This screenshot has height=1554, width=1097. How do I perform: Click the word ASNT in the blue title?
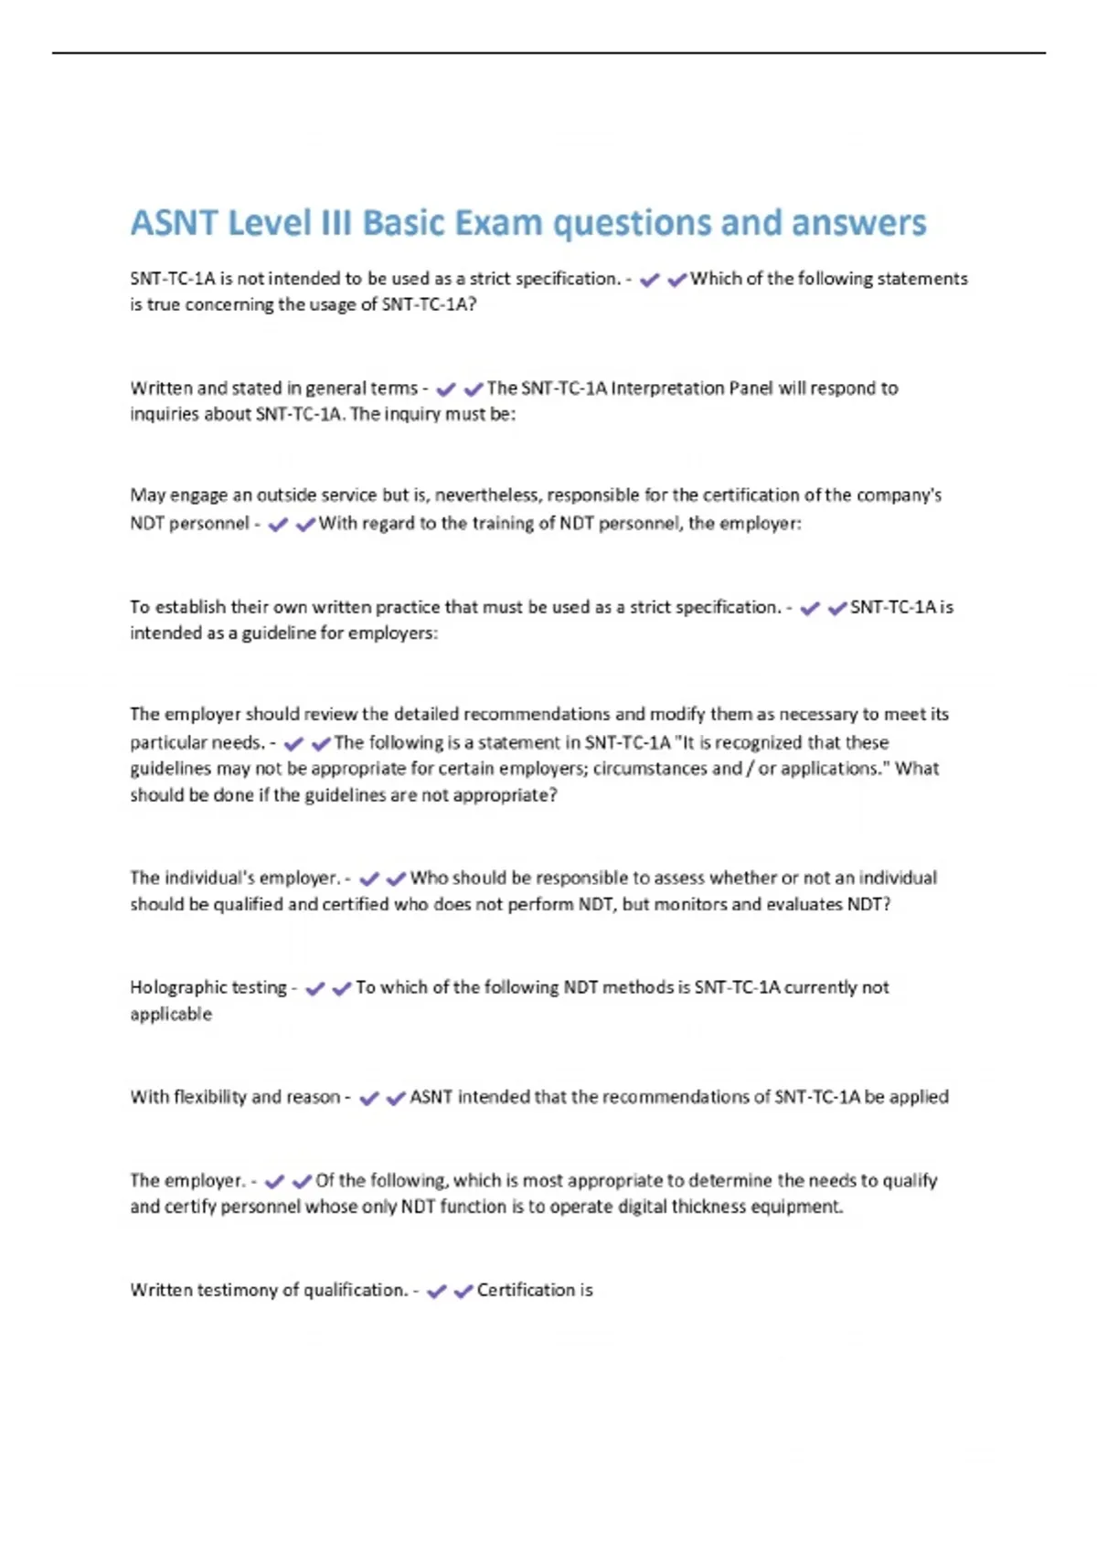pos(174,223)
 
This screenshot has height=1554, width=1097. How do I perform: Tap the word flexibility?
pos(209,1097)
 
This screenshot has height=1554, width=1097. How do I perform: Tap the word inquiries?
pos(165,414)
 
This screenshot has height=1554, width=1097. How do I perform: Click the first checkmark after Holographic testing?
pos(315,988)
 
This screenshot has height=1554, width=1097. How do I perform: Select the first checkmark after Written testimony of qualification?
pos(437,1291)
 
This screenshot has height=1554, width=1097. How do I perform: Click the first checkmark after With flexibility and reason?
pos(369,1098)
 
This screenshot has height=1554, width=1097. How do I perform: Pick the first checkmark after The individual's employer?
pos(369,878)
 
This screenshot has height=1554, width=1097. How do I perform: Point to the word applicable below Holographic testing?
pos(171,1014)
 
